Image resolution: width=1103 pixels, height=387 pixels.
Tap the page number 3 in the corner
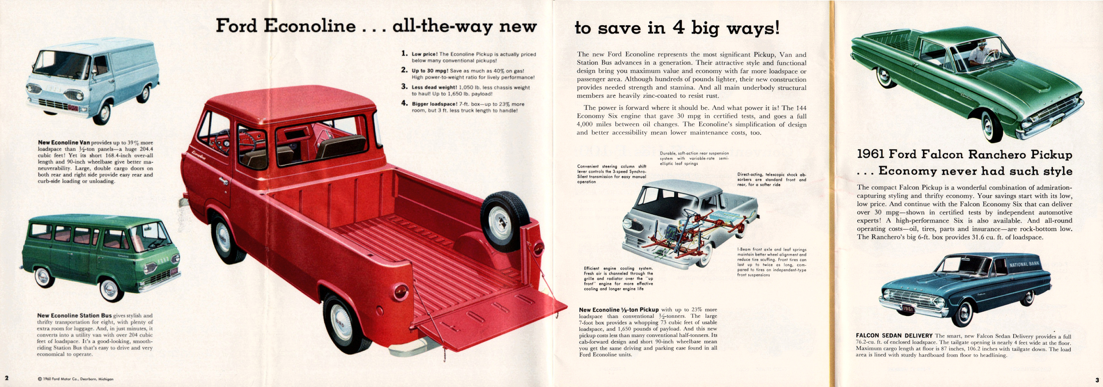[1097, 380]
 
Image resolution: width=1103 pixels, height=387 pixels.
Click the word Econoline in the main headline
[309, 26]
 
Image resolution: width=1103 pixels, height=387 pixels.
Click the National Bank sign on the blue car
[1024, 264]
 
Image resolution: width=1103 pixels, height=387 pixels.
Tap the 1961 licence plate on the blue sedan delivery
[908, 309]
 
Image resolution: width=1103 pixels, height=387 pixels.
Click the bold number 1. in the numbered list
[404, 54]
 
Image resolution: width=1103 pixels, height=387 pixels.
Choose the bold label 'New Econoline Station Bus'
[75, 316]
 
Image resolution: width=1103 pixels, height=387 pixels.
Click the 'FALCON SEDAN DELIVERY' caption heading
[894, 336]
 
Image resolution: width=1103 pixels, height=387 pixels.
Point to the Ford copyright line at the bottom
[76, 379]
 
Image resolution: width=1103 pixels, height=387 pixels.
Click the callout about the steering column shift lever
[611, 174]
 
